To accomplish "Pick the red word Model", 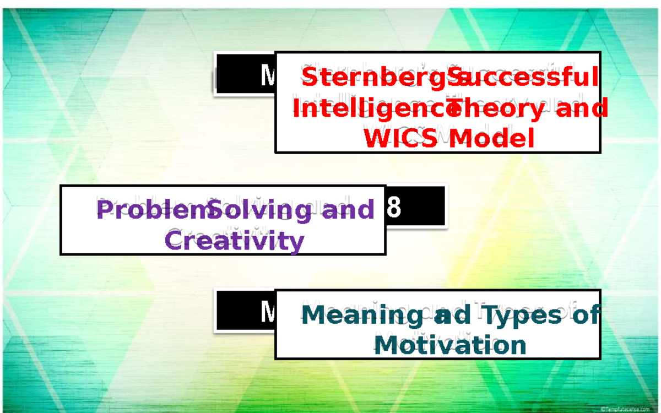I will (491, 138).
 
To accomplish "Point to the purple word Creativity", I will (235, 241).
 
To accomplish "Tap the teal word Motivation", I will (449, 346).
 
